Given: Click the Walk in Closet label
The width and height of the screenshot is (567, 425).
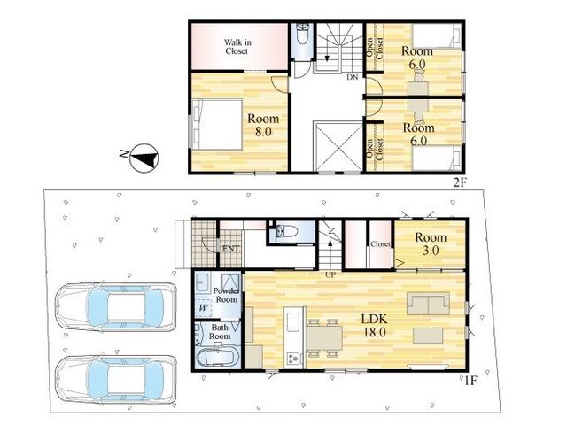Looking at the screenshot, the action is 237,47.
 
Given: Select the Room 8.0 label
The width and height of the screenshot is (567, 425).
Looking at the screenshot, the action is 263,125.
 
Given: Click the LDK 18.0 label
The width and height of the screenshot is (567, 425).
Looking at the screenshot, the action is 375,325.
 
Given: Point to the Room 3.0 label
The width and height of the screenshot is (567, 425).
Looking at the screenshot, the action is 431,244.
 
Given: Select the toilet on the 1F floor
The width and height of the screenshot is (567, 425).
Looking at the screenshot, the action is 287,231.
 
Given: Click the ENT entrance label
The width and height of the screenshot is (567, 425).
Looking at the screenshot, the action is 230,249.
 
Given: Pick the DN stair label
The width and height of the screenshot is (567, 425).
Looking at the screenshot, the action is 353,77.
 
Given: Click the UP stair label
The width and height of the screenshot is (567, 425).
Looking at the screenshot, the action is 330,274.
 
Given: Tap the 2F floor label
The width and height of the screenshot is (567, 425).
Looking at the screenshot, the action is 461,182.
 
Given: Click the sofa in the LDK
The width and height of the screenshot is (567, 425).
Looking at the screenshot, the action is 428,304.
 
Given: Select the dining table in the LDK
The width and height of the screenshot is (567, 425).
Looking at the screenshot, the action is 324,338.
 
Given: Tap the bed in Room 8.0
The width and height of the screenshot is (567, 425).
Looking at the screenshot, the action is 217,124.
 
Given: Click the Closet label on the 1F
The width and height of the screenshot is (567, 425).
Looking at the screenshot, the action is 380,244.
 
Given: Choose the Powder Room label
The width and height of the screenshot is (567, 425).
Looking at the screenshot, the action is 227,295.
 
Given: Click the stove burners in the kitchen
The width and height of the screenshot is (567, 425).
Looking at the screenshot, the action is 294,359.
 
